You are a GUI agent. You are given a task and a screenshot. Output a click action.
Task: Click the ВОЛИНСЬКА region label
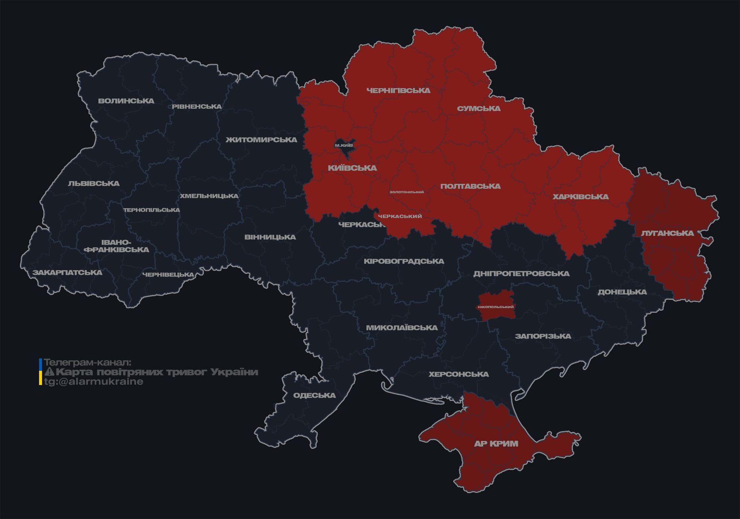point(126,101)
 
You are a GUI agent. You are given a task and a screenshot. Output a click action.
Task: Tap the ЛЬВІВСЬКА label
point(94,183)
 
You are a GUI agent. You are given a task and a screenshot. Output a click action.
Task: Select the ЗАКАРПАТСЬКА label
point(67,272)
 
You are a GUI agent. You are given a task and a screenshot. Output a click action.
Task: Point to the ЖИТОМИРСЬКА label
point(261,139)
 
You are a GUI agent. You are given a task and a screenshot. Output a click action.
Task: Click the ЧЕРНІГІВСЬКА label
point(398,91)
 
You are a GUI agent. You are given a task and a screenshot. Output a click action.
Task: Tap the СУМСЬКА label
point(479,109)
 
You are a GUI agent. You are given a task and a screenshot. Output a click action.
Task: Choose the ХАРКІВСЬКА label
point(580,197)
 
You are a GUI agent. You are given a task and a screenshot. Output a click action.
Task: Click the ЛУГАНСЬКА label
point(667,233)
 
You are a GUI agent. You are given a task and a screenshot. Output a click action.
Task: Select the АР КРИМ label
point(496,444)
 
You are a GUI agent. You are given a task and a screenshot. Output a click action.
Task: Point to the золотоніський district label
point(406,192)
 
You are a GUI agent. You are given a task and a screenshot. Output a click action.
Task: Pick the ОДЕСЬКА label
point(314,395)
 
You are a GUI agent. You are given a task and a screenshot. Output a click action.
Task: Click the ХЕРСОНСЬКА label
point(459,374)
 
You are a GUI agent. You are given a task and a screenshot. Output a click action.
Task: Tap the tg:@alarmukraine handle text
point(93,381)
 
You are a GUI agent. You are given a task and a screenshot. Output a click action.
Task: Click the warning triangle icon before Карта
point(50,372)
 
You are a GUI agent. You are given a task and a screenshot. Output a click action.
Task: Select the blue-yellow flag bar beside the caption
point(40,372)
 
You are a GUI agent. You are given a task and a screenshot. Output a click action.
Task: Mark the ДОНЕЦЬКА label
point(622,292)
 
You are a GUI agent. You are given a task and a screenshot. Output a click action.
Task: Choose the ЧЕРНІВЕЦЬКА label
point(168,275)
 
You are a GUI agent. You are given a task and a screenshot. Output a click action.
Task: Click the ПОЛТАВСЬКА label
point(470,186)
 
